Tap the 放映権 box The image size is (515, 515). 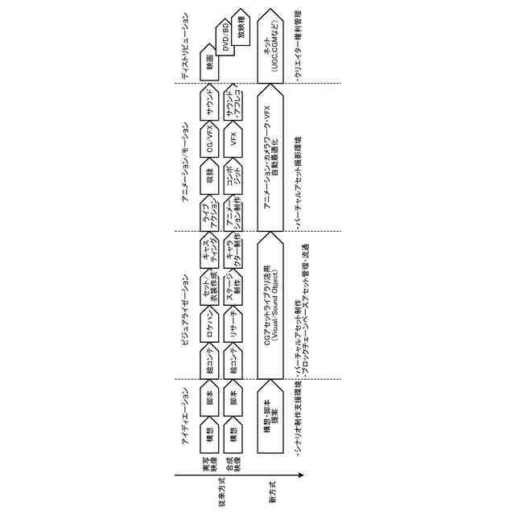(x=241, y=27)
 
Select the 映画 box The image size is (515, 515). (x=209, y=60)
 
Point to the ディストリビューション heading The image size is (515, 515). (x=185, y=47)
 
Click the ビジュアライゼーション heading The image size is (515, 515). (x=185, y=306)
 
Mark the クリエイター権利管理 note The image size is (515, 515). (x=300, y=46)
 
